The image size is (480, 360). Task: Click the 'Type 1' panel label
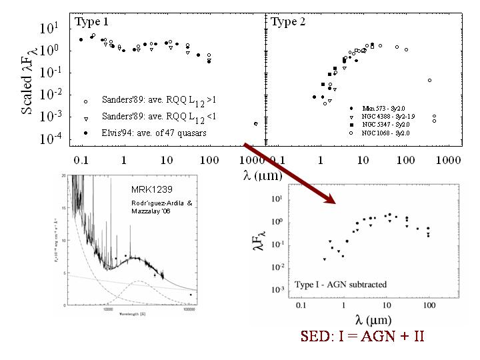[91, 22]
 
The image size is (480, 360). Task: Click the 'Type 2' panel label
[288, 22]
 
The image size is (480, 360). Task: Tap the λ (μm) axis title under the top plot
[264, 176]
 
